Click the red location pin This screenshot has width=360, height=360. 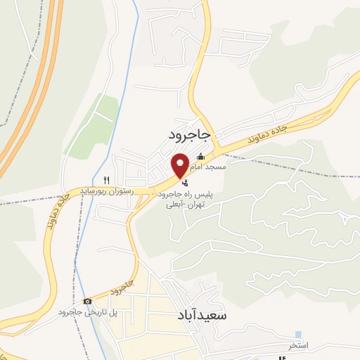(x=181, y=167)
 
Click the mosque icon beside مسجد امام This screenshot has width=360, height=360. (x=201, y=157)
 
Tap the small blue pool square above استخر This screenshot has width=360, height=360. (x=298, y=334)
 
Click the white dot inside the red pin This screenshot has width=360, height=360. (x=181, y=164)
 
